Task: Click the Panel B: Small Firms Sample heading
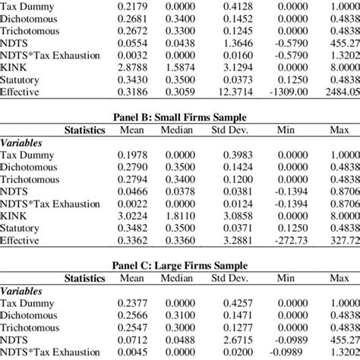click(179, 118)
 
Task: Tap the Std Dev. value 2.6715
click(238, 338)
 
